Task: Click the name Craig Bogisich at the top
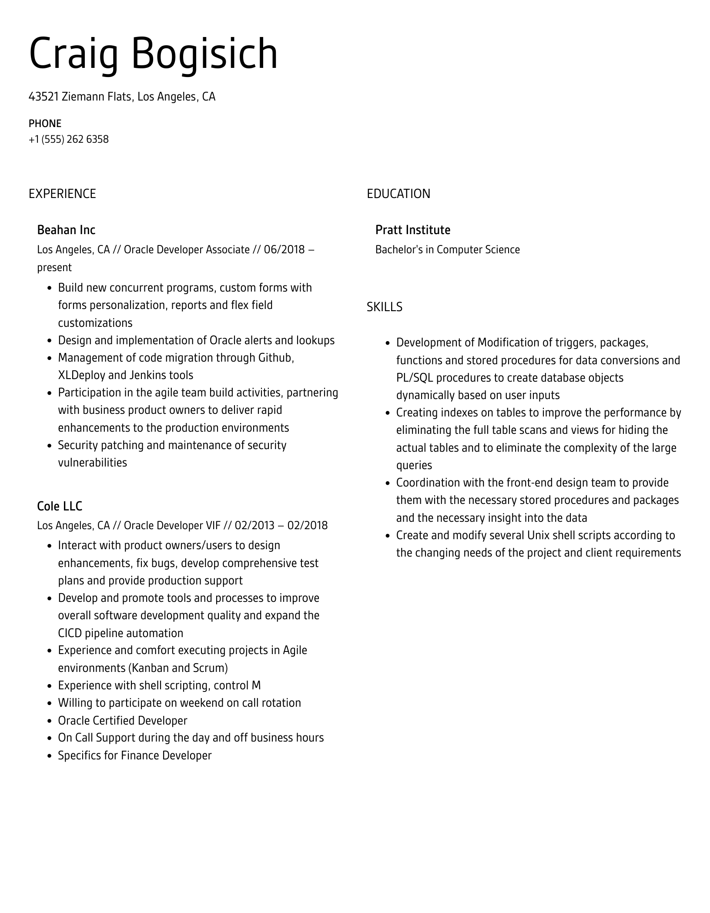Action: (153, 54)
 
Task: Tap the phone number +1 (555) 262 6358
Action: (69, 140)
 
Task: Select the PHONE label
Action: (45, 124)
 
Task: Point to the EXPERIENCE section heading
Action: (62, 194)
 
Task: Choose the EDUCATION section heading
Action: (398, 194)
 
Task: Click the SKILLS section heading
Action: (384, 307)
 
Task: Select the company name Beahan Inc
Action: (66, 230)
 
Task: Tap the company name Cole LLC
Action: (60, 506)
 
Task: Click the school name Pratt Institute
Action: (412, 230)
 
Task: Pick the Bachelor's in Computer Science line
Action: (447, 250)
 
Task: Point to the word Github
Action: (276, 358)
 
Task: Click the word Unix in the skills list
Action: (538, 535)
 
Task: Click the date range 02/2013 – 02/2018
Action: (281, 526)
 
